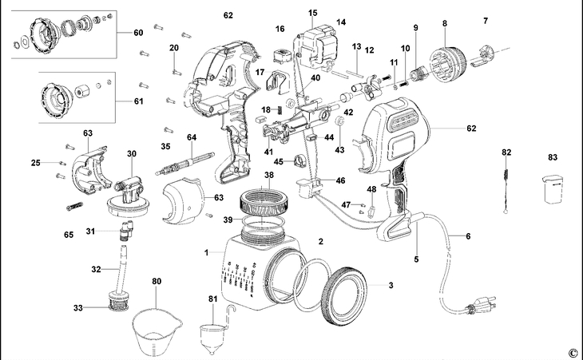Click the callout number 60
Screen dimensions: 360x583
tap(137, 33)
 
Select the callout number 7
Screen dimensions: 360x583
tap(485, 19)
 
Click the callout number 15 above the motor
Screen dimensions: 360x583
tap(312, 13)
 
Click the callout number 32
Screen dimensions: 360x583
tap(95, 270)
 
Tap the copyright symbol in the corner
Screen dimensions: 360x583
tap(572, 352)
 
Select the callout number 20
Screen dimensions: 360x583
tap(173, 49)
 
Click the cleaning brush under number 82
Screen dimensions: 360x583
tap(506, 184)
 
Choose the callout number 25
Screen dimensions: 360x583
tap(35, 163)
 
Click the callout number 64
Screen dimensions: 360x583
tap(192, 137)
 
